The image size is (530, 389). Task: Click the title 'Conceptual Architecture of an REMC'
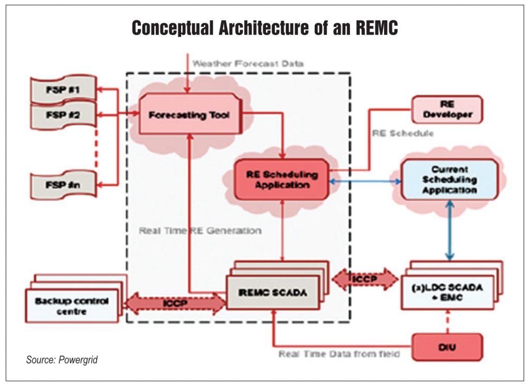coord(264,28)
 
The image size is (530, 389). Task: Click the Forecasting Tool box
coord(188,114)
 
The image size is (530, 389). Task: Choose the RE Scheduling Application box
coord(282,179)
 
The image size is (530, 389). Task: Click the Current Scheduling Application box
coord(449,179)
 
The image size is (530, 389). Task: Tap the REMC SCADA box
coord(274,292)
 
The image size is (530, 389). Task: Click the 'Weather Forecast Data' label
coord(247,64)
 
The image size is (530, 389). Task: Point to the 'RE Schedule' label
coord(403,133)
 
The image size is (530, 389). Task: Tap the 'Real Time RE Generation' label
coord(200,230)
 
